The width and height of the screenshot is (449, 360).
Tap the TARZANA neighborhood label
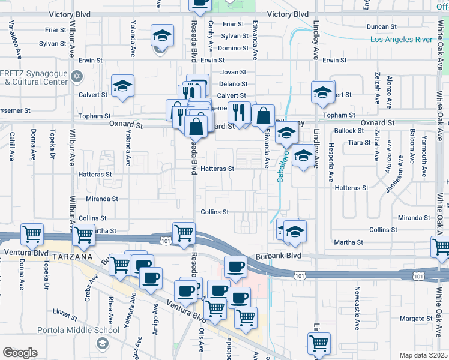pyautogui.click(x=73, y=256)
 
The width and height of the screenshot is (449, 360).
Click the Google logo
pyautogui.click(x=20, y=353)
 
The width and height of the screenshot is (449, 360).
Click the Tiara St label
pyautogui.click(x=360, y=143)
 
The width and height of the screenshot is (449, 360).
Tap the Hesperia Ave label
pyautogui.click(x=330, y=162)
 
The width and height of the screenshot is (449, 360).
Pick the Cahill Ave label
pyautogui.click(x=11, y=148)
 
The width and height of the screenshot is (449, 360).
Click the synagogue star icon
pyautogui.click(x=76, y=76)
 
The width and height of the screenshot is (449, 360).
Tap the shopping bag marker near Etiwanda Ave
pyautogui.click(x=263, y=116)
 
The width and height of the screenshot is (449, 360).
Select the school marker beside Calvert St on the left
pyautogui.click(x=122, y=89)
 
